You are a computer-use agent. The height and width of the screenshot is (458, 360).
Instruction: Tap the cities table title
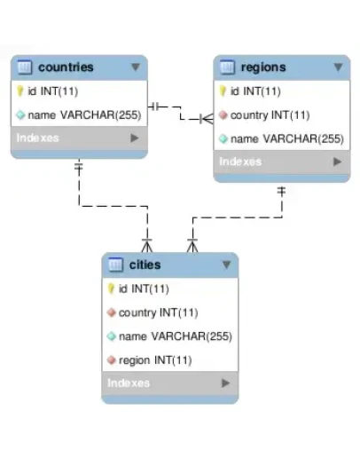point(145,265)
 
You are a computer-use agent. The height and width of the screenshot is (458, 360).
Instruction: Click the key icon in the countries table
point(20,91)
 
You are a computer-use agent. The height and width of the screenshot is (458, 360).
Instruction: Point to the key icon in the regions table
point(223,91)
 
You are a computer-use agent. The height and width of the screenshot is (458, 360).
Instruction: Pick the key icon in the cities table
point(112,288)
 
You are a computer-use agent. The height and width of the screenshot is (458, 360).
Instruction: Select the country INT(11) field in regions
point(270,114)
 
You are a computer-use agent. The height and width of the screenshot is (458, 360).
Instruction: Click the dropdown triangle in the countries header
point(135,67)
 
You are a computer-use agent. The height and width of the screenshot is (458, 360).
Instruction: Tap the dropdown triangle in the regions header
point(337,67)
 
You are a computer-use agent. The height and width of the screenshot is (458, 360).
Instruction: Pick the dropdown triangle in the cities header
point(226,265)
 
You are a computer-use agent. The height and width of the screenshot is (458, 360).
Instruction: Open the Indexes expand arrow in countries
point(135,138)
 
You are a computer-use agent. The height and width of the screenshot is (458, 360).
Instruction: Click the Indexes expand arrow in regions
point(337,162)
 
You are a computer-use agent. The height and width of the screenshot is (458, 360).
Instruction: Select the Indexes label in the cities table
point(129,383)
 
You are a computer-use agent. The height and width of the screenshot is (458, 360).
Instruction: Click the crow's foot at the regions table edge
point(207,117)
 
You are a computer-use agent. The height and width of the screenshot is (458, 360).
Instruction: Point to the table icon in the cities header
point(115,265)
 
